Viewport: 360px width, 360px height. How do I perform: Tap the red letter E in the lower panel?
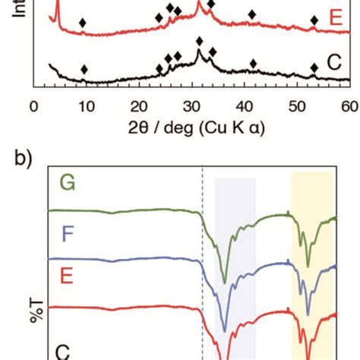67,274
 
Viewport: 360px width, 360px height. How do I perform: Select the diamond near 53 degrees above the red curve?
314,21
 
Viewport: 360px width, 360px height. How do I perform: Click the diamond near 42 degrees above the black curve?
253,64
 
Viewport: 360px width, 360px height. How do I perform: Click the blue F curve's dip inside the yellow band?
308,313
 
